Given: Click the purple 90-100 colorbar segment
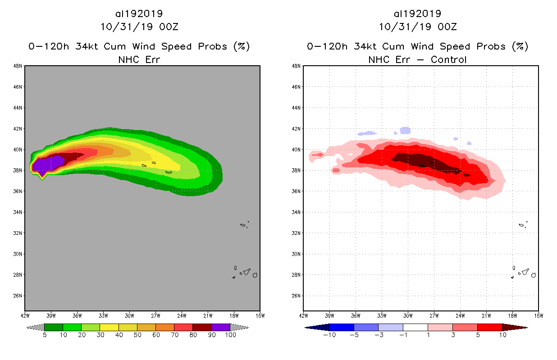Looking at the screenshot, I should (x=221, y=327).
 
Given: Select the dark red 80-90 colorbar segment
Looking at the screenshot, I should (x=202, y=327).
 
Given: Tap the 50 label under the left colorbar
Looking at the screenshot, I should (x=137, y=335).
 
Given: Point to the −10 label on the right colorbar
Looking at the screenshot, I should (x=329, y=335).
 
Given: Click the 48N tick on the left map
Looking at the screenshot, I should (x=18, y=66).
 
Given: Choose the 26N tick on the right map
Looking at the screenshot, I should (x=297, y=296).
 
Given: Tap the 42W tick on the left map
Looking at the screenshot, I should (x=25, y=315).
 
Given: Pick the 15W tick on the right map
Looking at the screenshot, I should (x=538, y=315).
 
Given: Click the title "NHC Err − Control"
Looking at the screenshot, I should (x=417, y=59).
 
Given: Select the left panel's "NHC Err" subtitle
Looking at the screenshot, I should (x=139, y=59).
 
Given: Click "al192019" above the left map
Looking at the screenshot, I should (x=139, y=14).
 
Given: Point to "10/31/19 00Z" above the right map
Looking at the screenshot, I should (x=417, y=27).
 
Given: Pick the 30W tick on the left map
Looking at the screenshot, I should (x=130, y=315).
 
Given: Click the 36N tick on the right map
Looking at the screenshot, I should (x=297, y=191).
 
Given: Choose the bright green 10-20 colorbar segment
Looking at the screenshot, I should (x=72, y=327).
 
